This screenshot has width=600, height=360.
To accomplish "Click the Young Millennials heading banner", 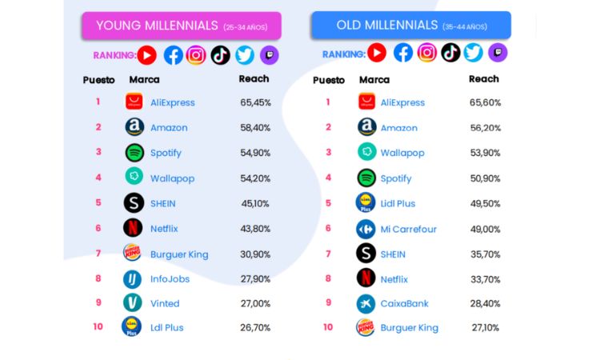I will pyautogui.click(x=181, y=26).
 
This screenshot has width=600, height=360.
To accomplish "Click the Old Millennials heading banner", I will pyautogui.click(x=411, y=26).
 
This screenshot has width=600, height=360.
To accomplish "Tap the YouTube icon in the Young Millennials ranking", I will pyautogui.click(x=146, y=55).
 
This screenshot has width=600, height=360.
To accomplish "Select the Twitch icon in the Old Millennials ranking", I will pyautogui.click(x=498, y=54).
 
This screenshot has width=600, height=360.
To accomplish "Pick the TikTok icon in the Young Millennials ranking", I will pyautogui.click(x=220, y=55).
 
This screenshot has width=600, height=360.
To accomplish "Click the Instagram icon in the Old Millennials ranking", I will pyautogui.click(x=427, y=54).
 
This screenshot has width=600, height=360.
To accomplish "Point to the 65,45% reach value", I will pyautogui.click(x=255, y=102).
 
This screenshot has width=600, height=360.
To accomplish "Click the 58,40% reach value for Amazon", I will pyautogui.click(x=255, y=127).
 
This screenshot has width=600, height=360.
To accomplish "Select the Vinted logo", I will pyautogui.click(x=133, y=303).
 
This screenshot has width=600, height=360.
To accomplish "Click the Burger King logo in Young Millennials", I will pyautogui.click(x=133, y=254).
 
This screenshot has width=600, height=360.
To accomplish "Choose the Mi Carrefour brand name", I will pyautogui.click(x=408, y=229).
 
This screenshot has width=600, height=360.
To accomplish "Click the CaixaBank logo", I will pyautogui.click(x=366, y=304).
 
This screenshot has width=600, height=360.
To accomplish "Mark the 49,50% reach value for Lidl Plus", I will pyautogui.click(x=486, y=203).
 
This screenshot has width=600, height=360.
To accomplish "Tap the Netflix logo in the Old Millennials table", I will pyautogui.click(x=366, y=278).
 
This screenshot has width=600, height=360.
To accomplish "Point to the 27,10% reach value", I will pyautogui.click(x=486, y=327).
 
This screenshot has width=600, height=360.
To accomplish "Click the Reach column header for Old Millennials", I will pyautogui.click(x=483, y=79).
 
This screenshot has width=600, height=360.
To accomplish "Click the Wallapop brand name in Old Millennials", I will pyautogui.click(x=402, y=153).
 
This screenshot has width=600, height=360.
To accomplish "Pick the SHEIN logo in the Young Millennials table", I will pyautogui.click(x=134, y=203).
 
